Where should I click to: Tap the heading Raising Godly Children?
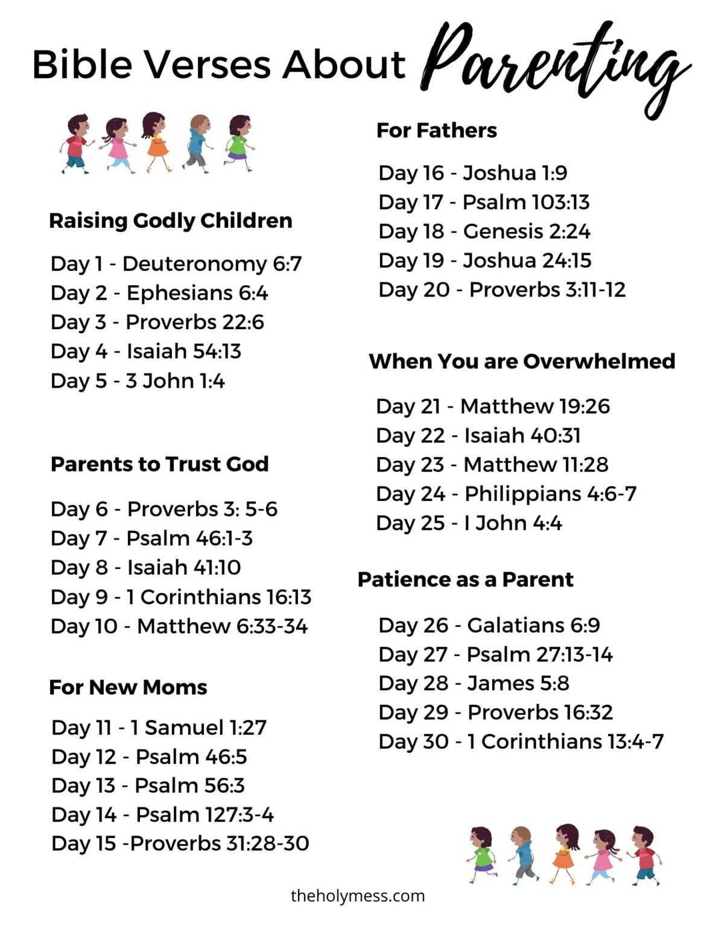pyautogui.click(x=170, y=221)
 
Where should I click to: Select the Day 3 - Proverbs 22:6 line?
pyautogui.click(x=157, y=322)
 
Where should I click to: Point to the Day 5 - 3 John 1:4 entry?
pyautogui.click(x=138, y=381)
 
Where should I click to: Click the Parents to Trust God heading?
pyautogui.click(x=159, y=464)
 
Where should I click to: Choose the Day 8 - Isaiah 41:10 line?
pyautogui.click(x=145, y=567)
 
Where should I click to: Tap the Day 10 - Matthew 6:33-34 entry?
pyautogui.click(x=179, y=626)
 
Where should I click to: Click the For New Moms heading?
pyautogui.click(x=128, y=687)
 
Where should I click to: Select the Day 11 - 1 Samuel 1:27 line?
pyautogui.click(x=159, y=728)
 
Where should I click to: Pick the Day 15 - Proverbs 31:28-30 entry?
pyautogui.click(x=180, y=843)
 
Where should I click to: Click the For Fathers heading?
pyautogui.click(x=437, y=130)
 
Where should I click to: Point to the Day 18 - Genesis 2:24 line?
pyautogui.click(x=484, y=231)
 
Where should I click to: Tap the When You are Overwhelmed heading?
pyautogui.click(x=522, y=361)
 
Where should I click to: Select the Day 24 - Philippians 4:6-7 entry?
pyautogui.click(x=506, y=494)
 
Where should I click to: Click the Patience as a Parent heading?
pyautogui.click(x=465, y=579)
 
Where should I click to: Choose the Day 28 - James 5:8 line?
pyautogui.click(x=474, y=683)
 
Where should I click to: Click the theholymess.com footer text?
pyautogui.click(x=358, y=896)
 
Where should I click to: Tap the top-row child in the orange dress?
pyautogui.click(x=156, y=142)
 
